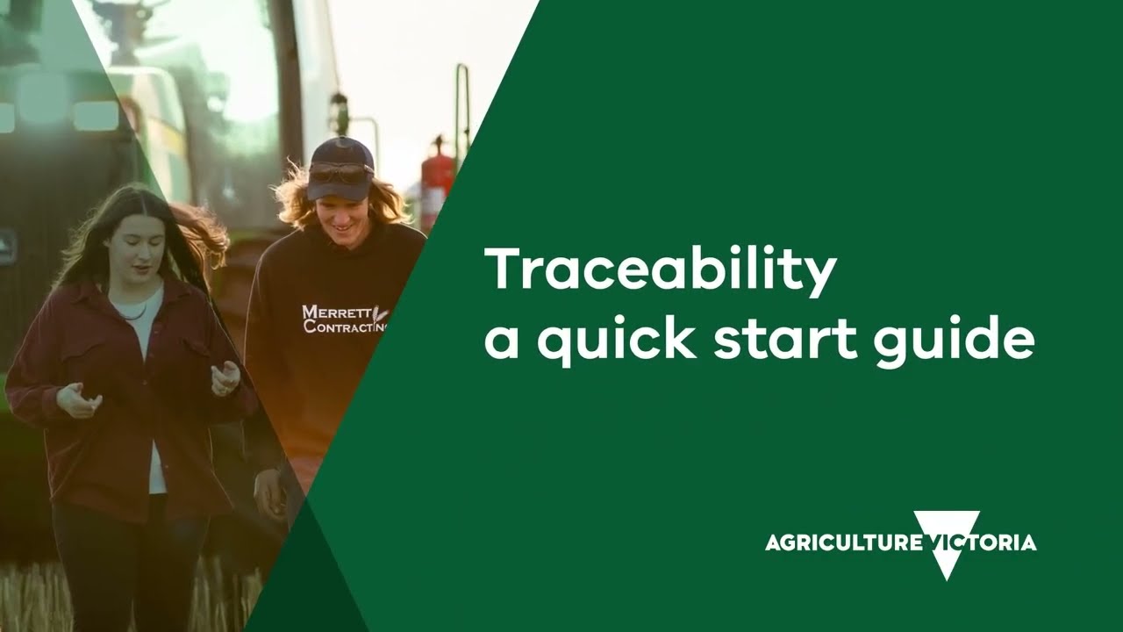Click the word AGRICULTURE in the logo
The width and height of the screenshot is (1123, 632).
[x=842, y=542]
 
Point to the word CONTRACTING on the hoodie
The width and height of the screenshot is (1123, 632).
[x=345, y=327]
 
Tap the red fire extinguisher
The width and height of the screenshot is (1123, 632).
[x=435, y=180]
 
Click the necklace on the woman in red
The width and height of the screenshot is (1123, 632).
[x=132, y=313]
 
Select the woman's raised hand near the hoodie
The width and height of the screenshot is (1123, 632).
[x=225, y=378]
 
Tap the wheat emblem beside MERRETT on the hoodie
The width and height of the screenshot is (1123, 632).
[x=379, y=313]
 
